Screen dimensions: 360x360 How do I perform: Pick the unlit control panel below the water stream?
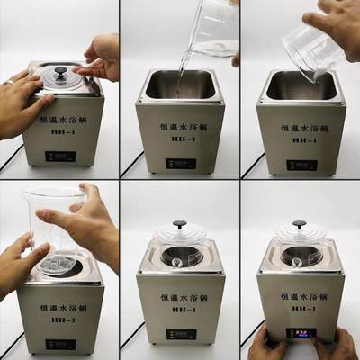click(180, 165)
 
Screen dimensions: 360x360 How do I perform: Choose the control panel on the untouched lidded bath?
click(180, 334)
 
